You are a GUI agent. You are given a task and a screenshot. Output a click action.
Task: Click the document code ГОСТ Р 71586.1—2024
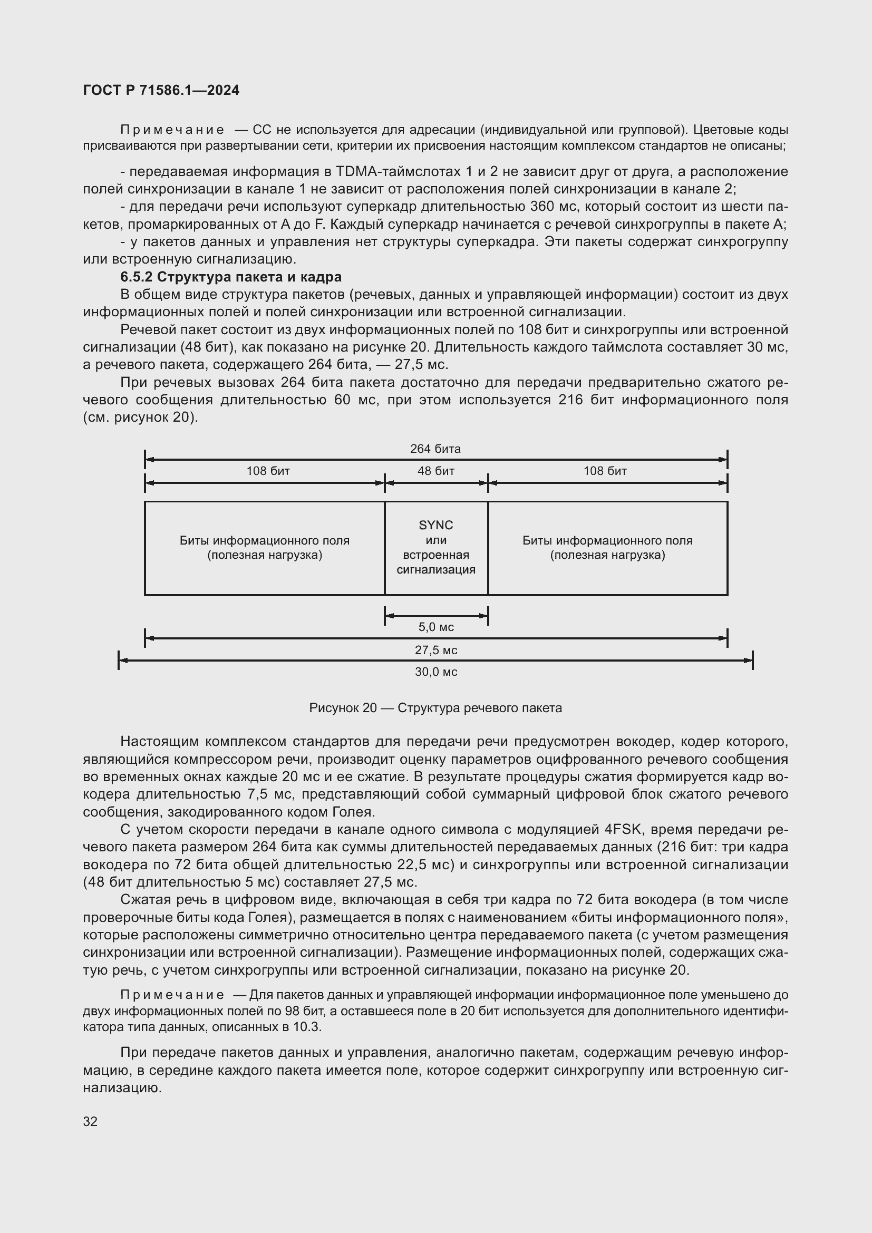161,90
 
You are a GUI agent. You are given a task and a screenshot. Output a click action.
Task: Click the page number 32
90,1121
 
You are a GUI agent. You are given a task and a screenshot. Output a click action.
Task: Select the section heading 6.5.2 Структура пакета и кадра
231,277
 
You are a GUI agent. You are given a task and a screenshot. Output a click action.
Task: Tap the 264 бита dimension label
435,449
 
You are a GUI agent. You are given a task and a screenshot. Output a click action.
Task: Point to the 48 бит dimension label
436,471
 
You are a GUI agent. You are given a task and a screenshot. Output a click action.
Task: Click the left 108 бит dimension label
268,471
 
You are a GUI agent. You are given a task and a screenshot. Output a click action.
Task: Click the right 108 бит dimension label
605,471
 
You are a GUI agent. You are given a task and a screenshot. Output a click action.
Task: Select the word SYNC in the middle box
436,525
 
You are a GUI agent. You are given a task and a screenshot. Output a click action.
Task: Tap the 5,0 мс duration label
436,627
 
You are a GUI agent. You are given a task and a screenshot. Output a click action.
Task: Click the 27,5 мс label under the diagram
436,650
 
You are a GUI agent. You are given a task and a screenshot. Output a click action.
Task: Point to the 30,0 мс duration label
436,672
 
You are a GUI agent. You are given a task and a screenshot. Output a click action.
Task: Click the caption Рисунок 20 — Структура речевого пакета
435,708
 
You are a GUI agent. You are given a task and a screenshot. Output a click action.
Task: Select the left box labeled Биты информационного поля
265,548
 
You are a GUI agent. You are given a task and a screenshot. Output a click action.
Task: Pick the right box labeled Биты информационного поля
607,548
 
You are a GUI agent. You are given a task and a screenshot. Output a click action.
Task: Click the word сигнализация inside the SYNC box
436,570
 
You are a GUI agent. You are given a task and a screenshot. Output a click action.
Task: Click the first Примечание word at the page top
172,130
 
